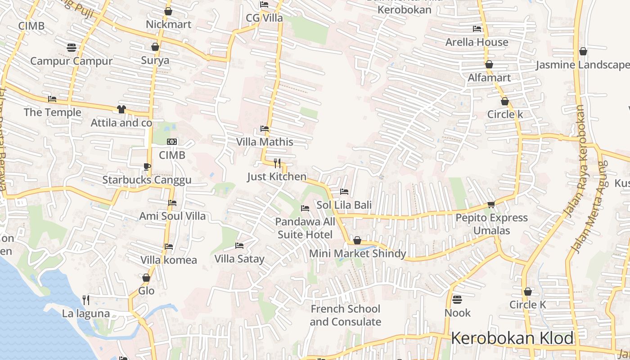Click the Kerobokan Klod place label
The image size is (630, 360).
(512, 338)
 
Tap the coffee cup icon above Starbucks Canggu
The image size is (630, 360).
(147, 166)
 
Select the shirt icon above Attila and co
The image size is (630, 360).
(121, 109)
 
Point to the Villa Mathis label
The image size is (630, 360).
(265, 142)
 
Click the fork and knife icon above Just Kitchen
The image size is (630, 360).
(277, 163)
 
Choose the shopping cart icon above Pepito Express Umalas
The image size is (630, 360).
(491, 204)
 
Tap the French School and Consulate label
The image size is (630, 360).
(345, 315)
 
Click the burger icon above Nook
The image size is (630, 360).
(457, 299)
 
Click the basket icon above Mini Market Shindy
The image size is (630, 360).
(357, 240)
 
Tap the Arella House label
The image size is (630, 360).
(477, 42)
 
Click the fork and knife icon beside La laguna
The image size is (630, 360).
(86, 300)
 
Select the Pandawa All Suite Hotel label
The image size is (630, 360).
(305, 228)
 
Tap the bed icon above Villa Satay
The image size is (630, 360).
(239, 245)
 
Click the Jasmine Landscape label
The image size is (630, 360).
(582, 65)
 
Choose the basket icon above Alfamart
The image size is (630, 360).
(489, 64)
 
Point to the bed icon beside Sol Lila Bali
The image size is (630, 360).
(344, 192)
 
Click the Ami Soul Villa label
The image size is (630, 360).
(172, 216)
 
